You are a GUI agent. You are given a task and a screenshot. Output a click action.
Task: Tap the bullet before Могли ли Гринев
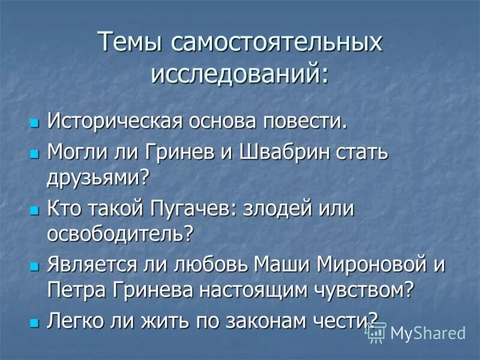coord(34,154)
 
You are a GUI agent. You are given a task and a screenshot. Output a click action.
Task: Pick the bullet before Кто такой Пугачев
coord(34,211)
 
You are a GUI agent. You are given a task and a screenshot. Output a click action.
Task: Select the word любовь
coord(212,265)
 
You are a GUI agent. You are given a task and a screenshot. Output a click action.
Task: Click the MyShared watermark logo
coord(417,334)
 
